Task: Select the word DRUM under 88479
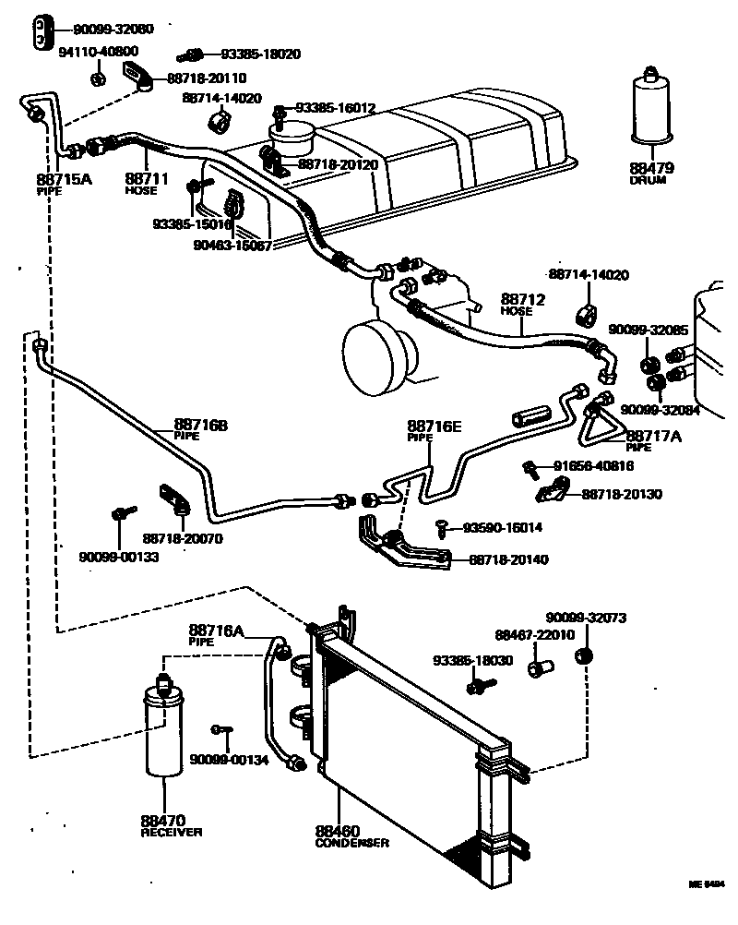pyautogui.click(x=651, y=180)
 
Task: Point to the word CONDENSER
pyautogui.click(x=351, y=843)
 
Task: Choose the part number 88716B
pyautogui.click(x=200, y=427)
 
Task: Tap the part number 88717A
pyautogui.click(x=654, y=437)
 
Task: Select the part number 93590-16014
pyautogui.click(x=502, y=527)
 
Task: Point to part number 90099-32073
pyautogui.click(x=587, y=618)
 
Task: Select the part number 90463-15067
pyautogui.click(x=232, y=246)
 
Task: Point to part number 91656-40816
pyautogui.click(x=594, y=466)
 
